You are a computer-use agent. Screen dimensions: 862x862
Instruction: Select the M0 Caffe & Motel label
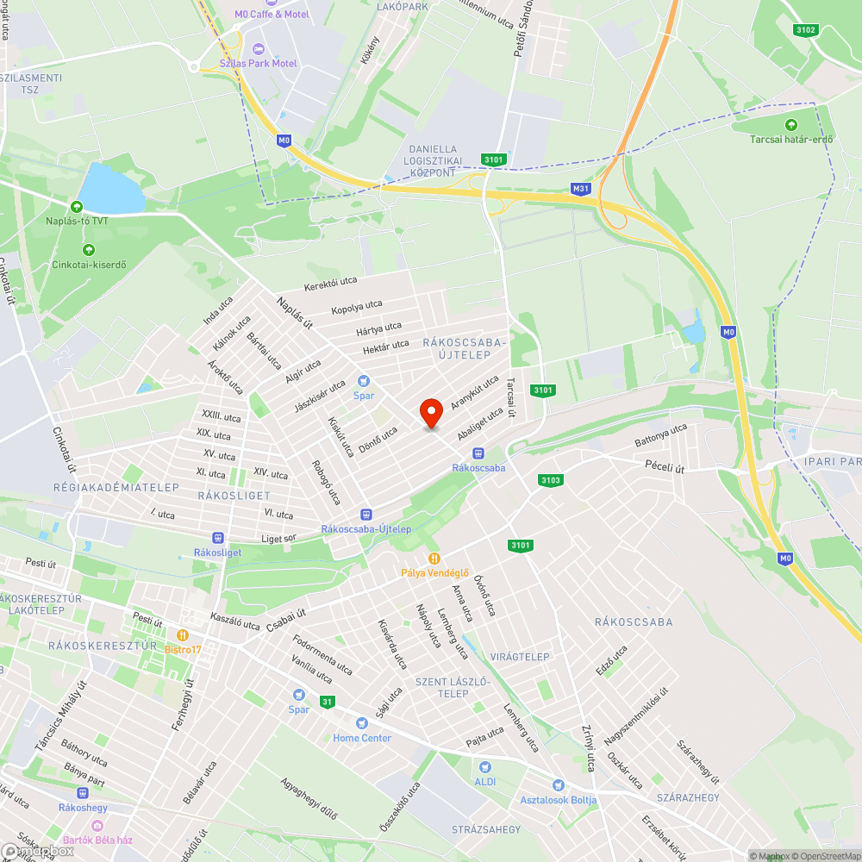[272, 15]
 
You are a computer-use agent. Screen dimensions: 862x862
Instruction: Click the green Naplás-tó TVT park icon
[77, 207]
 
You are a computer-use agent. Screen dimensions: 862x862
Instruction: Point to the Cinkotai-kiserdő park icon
[88, 250]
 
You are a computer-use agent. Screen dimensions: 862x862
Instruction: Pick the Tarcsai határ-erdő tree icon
[791, 125]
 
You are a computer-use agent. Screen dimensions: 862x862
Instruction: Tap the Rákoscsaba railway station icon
[478, 453]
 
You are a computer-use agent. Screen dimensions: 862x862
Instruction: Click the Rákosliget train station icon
[216, 537]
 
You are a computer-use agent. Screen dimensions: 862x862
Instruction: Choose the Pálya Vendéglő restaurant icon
[434, 559]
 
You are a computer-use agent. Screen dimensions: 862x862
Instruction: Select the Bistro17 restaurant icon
[183, 635]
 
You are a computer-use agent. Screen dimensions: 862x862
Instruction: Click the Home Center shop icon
[362, 723]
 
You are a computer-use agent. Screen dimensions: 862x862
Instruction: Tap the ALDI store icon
[484, 766]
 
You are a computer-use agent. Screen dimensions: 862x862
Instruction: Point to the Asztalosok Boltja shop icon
[558, 785]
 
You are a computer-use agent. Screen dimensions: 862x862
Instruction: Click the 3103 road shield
[550, 480]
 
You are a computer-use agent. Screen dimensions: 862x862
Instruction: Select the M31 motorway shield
[581, 188]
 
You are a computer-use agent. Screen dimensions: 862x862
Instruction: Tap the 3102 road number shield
[805, 30]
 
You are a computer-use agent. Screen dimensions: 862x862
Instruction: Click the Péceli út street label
[665, 467]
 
